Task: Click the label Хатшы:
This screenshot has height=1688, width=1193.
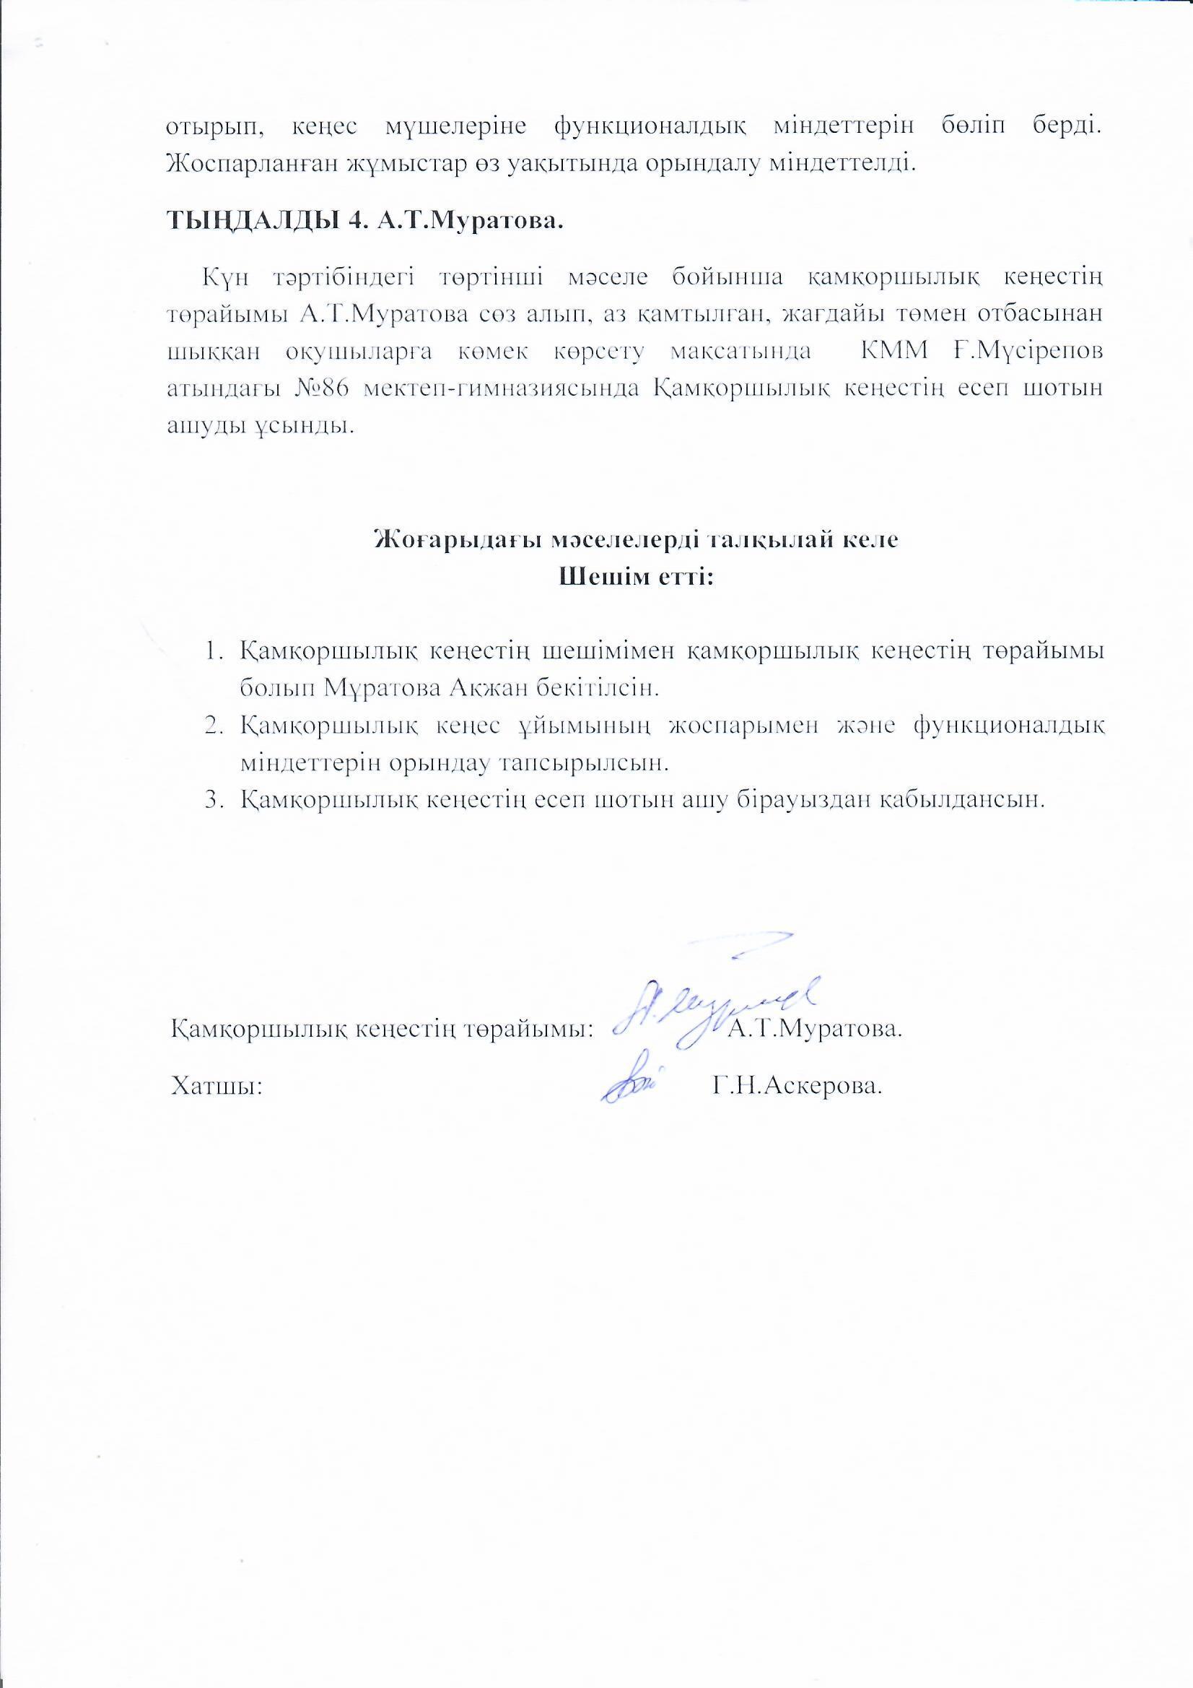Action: [216, 1086]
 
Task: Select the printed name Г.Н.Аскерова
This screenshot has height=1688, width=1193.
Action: [797, 1086]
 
